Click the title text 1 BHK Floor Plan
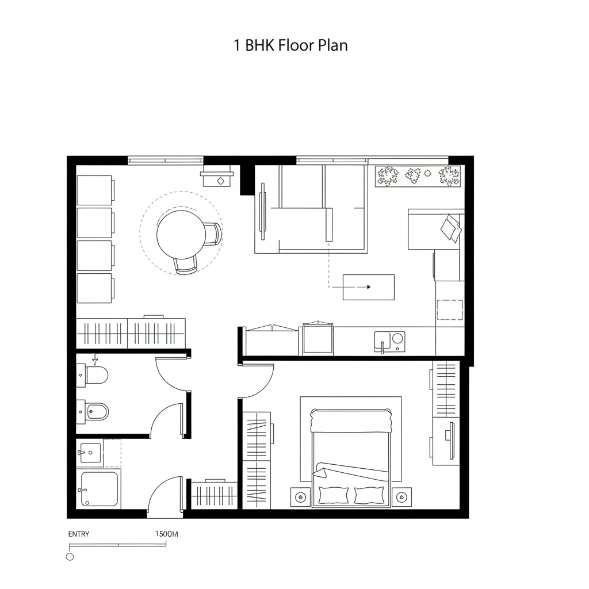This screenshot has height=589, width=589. coord(290,46)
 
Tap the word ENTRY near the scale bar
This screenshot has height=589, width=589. coord(79,534)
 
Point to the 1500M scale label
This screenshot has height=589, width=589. coord(167,534)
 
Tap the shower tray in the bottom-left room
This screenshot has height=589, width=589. coord(98,489)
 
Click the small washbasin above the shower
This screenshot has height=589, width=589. coord(90,452)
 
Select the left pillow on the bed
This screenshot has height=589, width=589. coord(332,495)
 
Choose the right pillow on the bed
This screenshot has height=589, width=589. coord(369,495)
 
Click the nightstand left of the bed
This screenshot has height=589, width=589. coord(299,496)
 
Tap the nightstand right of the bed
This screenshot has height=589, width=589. coord(401,496)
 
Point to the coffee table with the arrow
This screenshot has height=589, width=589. coord(369,287)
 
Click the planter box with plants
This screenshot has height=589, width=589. coord(418,176)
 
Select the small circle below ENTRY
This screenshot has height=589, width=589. coord(70,557)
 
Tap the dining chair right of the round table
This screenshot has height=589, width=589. coord(212,234)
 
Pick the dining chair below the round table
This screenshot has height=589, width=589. coord(186,265)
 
